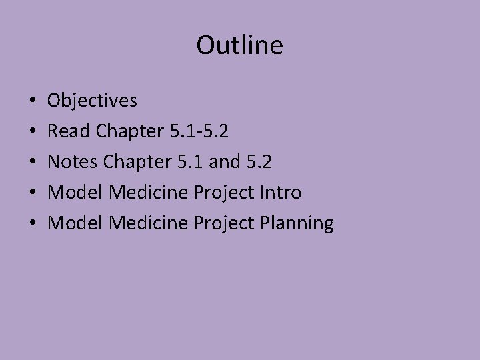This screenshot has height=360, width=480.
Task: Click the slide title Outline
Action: coord(240,46)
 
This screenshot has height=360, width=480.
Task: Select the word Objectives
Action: coord(93,101)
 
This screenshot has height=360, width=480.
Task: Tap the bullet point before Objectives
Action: coord(33,101)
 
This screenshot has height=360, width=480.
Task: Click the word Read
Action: coord(69,131)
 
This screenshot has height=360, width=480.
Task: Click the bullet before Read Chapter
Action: coord(33,132)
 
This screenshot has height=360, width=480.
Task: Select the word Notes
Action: coord(74,162)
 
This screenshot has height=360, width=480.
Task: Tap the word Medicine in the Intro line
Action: coord(149,193)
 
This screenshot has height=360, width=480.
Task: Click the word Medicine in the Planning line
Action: coord(149,223)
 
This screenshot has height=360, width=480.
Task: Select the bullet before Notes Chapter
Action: coord(33,163)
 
